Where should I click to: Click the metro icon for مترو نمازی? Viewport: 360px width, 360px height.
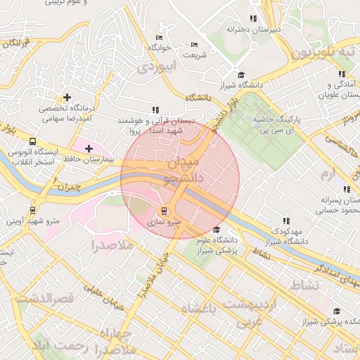coord(165,210)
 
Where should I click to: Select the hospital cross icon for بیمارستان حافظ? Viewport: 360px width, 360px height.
coord(89,148)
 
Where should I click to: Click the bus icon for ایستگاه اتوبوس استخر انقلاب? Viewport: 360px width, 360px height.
coord(34,140)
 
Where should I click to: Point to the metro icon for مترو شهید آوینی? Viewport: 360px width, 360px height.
coord(33,210)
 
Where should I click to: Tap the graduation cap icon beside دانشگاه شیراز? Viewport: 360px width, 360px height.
coord(241,75)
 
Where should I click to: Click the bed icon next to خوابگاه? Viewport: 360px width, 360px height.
coord(159,37)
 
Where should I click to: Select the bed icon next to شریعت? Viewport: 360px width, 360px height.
coord(194,44)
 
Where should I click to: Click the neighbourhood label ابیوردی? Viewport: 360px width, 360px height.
coord(154,68)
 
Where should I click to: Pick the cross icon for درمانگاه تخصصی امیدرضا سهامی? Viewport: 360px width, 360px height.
coord(67,97)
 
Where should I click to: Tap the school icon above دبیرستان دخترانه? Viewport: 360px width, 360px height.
coord(253,19)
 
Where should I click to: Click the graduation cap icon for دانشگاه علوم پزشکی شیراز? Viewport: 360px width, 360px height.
coord(217,230)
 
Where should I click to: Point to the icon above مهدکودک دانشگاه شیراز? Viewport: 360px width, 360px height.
coord(285,220)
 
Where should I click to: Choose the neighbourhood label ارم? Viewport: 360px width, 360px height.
coord(328,173)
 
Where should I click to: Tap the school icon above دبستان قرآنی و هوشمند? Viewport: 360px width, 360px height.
coord(155,110)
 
